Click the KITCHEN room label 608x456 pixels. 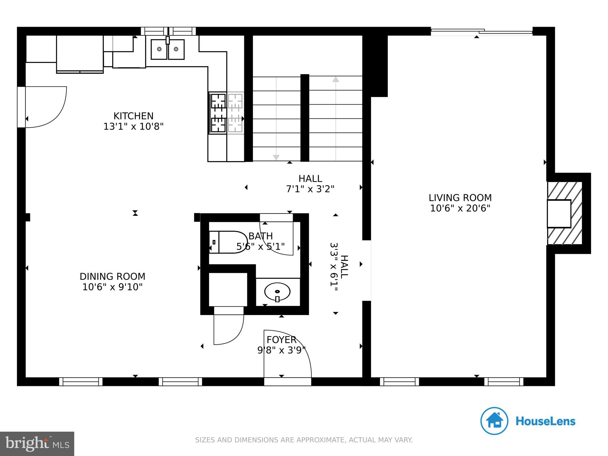pyautogui.click(x=133, y=116)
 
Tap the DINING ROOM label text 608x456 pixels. pyautogui.click(x=112, y=276)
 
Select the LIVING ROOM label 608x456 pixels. pyautogui.click(x=460, y=198)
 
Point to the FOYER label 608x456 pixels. pyautogui.click(x=281, y=340)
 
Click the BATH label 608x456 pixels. pyautogui.click(x=260, y=236)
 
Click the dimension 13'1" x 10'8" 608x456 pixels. pyautogui.click(x=133, y=127)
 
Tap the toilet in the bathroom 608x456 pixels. pyautogui.click(x=229, y=242)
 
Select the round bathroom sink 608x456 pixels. pyautogui.click(x=277, y=292)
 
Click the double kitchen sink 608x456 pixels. pyautogui.click(x=167, y=49)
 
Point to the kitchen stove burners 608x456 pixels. pyautogui.click(x=218, y=113)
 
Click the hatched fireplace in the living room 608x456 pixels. pyautogui.click(x=564, y=213)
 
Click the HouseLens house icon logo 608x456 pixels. pyautogui.click(x=494, y=421)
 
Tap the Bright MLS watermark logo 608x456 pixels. pyautogui.click(x=37, y=444)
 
